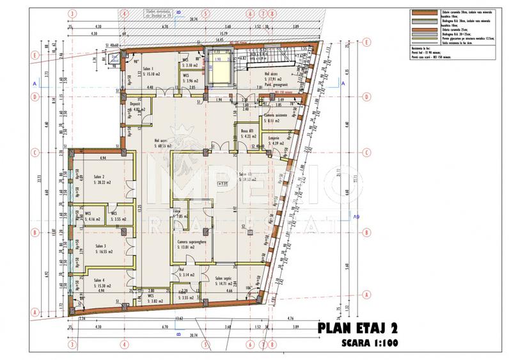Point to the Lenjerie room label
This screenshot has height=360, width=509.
click(273, 139)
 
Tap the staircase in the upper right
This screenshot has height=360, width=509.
click(267, 62)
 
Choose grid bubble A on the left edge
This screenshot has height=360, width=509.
click(32, 312)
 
